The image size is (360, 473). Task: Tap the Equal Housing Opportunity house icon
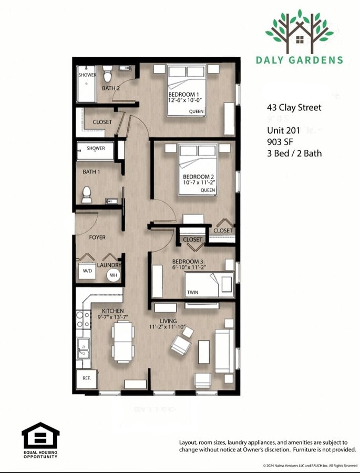[x=40, y=436]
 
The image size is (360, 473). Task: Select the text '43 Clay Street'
[x=294, y=108]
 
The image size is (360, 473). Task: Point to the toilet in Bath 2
[x=108, y=70]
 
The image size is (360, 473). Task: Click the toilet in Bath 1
[x=87, y=194]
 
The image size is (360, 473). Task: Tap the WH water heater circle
[x=114, y=275]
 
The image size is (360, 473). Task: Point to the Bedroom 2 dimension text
[x=199, y=183]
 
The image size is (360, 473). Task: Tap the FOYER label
[x=97, y=238]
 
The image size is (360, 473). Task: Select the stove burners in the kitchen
[x=83, y=319]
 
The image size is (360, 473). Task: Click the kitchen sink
[x=83, y=348]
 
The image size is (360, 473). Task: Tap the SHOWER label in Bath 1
[x=96, y=148]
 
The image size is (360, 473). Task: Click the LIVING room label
[x=168, y=321]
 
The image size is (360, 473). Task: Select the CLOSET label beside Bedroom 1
[x=102, y=122]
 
